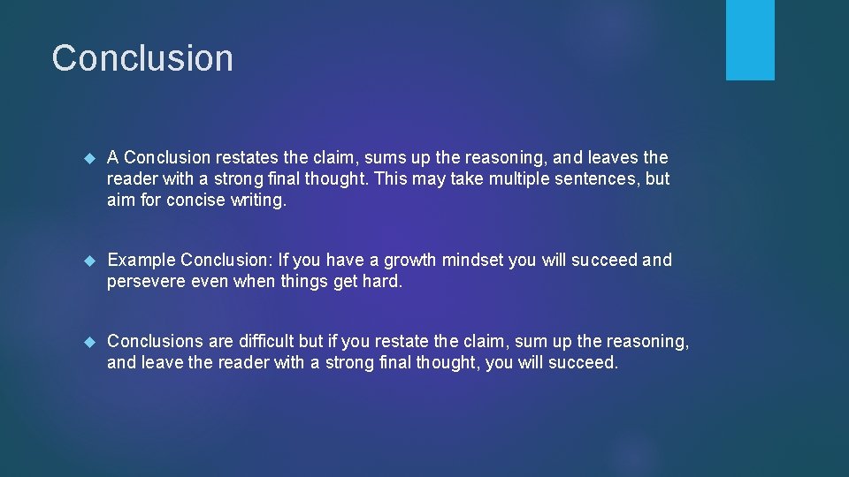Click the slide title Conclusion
[x=142, y=58]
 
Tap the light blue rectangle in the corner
[x=750, y=40]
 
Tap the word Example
[x=141, y=261]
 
